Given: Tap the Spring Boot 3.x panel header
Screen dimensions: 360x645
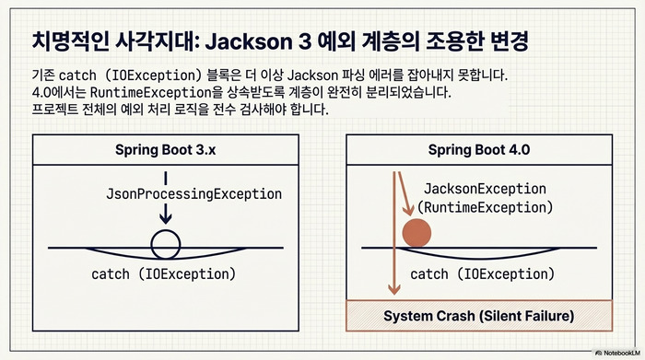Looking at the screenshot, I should [x=163, y=149].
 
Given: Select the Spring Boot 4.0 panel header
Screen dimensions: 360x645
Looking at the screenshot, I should [x=478, y=149].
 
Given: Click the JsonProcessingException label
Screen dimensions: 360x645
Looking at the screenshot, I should [x=193, y=193].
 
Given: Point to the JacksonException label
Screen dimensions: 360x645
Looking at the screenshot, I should [x=471, y=188].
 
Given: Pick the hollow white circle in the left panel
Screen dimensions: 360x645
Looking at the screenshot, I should [x=165, y=244].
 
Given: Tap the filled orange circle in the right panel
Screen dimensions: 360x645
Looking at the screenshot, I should [x=417, y=233].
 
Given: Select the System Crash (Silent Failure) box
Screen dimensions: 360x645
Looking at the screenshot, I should [x=478, y=315].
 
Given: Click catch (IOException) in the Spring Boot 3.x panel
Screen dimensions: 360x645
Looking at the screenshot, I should [x=164, y=274].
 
